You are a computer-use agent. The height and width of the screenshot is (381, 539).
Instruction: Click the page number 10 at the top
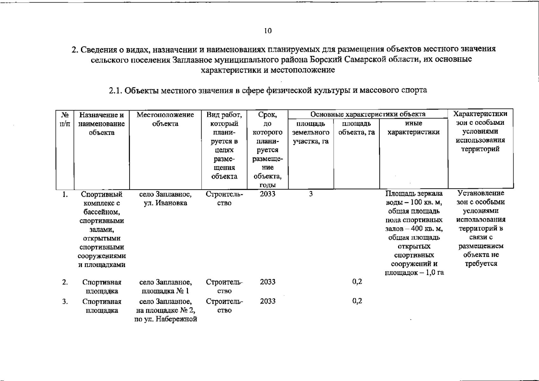tap(268, 31)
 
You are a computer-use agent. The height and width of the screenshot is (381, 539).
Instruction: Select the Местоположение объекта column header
tap(165, 119)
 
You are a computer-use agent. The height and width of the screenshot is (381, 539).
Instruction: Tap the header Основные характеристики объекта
tap(368, 114)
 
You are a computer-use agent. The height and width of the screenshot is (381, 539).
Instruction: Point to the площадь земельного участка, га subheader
tap(310, 132)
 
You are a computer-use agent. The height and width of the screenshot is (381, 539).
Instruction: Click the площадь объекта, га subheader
tap(356, 128)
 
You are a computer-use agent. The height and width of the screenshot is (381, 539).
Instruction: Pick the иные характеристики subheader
tap(413, 128)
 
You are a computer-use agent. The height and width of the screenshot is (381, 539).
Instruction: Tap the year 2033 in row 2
tap(267, 282)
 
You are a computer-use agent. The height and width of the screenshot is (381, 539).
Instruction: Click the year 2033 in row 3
tap(267, 301)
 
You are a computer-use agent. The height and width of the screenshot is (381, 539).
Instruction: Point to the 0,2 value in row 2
tap(357, 282)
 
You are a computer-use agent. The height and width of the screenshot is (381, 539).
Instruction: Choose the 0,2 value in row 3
tap(357, 301)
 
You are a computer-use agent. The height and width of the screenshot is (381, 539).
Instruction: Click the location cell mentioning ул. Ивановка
tap(165, 198)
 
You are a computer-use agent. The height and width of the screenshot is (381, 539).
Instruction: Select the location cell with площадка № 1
tap(165, 286)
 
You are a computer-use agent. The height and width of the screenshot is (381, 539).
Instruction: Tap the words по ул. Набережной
tap(165, 319)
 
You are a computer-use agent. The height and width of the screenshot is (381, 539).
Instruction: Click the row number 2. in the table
tap(65, 282)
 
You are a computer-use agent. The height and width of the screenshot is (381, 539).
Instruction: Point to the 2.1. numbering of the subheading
tap(116, 90)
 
